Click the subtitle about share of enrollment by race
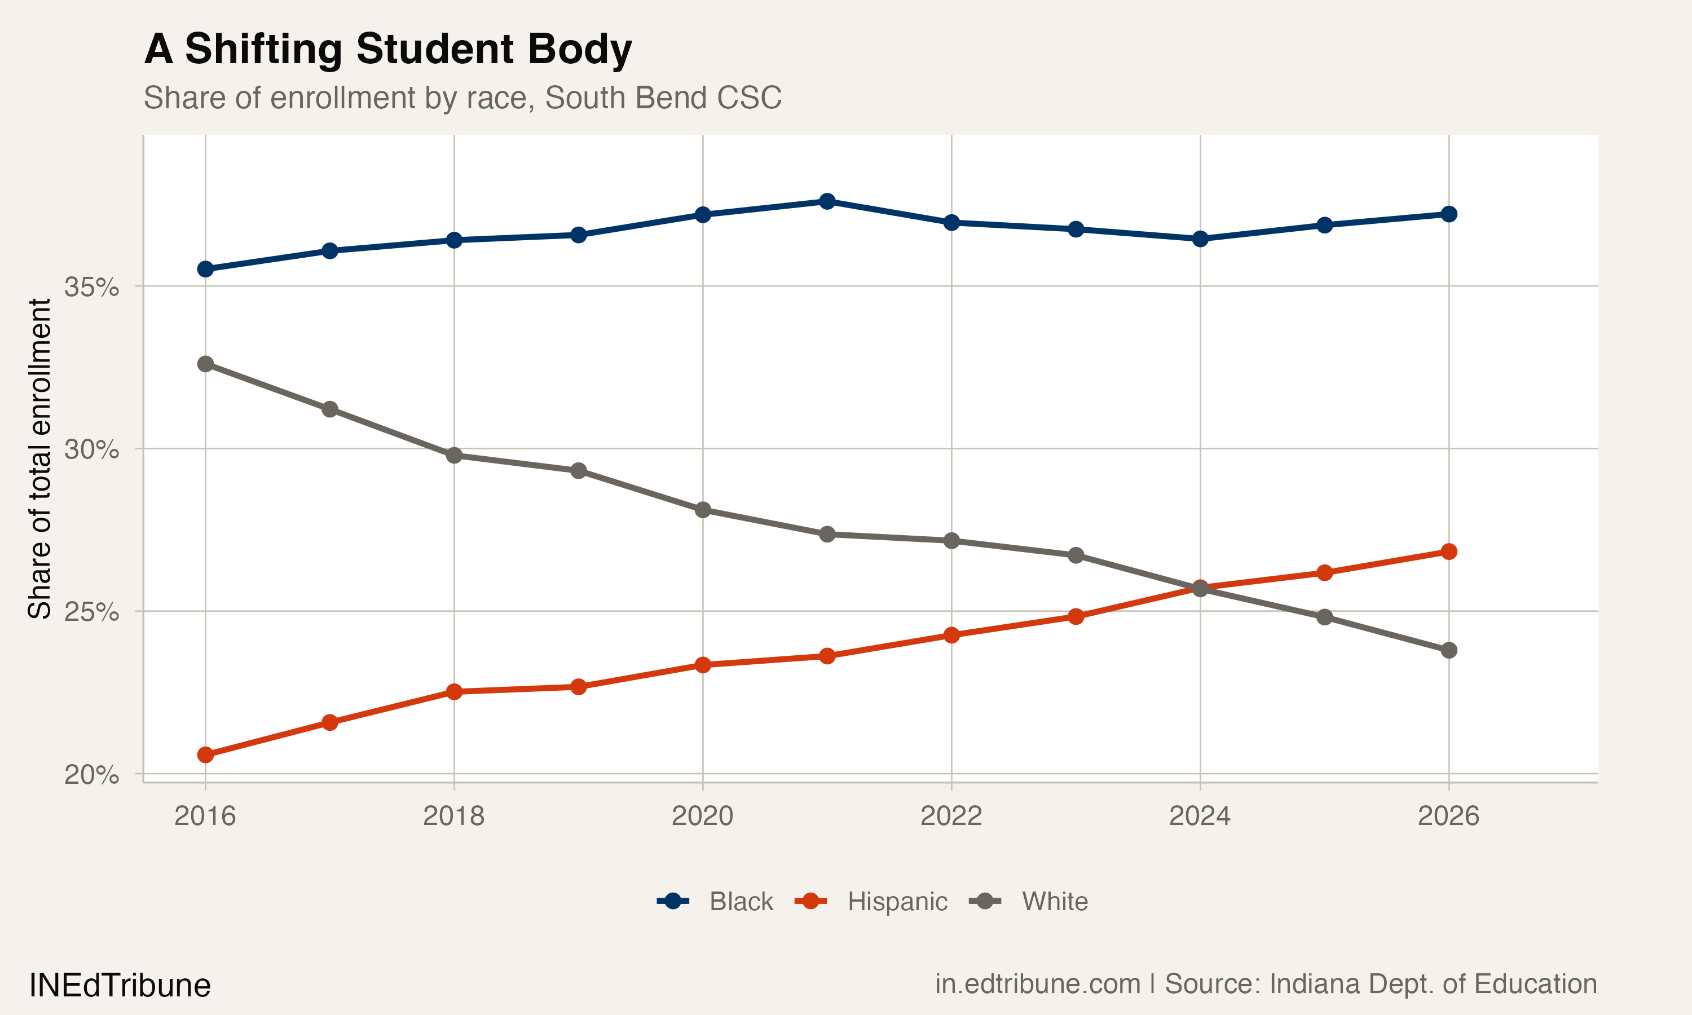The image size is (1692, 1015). pyautogui.click(x=462, y=98)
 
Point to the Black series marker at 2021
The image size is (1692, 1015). pyautogui.click(x=827, y=201)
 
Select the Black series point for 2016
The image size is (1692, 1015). pyautogui.click(x=205, y=269)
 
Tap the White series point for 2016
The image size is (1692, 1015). pyautogui.click(x=205, y=364)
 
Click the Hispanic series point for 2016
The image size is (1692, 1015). pyautogui.click(x=205, y=755)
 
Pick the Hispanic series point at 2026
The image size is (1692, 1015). pyautogui.click(x=1448, y=551)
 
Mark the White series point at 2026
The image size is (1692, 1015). pyautogui.click(x=1448, y=650)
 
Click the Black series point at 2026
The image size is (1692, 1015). pyautogui.click(x=1448, y=214)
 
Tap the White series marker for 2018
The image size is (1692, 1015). pyautogui.click(x=454, y=456)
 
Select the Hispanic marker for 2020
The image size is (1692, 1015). pyautogui.click(x=702, y=665)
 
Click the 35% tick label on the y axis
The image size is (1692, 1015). pyautogui.click(x=91, y=287)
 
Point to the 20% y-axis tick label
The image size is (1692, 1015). pyautogui.click(x=91, y=775)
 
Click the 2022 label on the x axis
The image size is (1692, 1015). pyautogui.click(x=951, y=816)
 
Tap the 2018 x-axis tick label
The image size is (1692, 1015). pyautogui.click(x=453, y=816)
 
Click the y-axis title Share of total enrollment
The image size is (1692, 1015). pyautogui.click(x=39, y=458)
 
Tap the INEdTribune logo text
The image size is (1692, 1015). pyautogui.click(x=120, y=986)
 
